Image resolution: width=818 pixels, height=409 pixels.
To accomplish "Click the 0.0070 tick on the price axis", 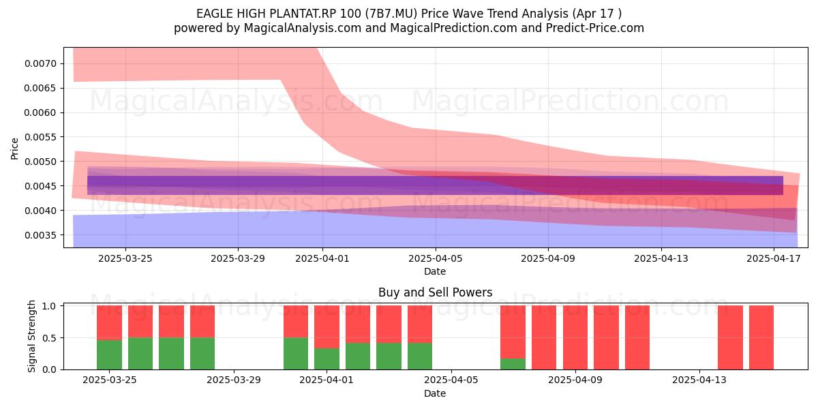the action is pyautogui.click(x=40, y=63).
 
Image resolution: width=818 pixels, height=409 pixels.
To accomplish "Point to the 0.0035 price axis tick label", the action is pyautogui.click(x=40, y=235).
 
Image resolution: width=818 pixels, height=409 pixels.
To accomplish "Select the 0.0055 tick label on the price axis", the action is pyautogui.click(x=40, y=137).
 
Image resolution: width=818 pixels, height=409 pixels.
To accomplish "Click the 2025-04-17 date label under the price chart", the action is pyautogui.click(x=774, y=258).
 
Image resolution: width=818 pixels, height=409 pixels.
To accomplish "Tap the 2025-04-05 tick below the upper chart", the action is pyautogui.click(x=436, y=258).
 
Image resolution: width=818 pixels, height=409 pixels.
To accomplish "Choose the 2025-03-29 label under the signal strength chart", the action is pyautogui.click(x=234, y=380).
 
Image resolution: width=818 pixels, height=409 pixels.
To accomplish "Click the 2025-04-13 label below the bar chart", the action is pyautogui.click(x=699, y=380).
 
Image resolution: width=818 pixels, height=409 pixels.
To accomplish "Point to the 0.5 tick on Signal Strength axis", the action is pyautogui.click(x=50, y=338).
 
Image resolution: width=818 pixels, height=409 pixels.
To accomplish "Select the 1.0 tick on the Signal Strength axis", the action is pyautogui.click(x=50, y=306).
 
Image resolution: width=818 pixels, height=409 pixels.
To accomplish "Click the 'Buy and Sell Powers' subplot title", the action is pyautogui.click(x=436, y=292).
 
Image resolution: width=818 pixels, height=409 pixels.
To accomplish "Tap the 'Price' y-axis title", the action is pyautogui.click(x=14, y=149).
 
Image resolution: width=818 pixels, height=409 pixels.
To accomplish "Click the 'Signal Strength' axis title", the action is pyautogui.click(x=32, y=336).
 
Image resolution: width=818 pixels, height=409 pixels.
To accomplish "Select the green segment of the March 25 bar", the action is pyautogui.click(x=109, y=354).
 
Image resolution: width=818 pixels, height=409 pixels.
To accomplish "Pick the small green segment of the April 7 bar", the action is pyautogui.click(x=513, y=364).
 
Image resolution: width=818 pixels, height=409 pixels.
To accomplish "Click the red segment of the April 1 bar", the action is pyautogui.click(x=327, y=327).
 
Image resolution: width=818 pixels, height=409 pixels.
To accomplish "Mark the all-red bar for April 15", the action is pyautogui.click(x=761, y=337).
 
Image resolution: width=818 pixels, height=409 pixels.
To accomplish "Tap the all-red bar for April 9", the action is pyautogui.click(x=575, y=337).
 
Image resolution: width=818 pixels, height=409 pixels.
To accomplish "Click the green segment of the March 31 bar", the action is pyautogui.click(x=296, y=354).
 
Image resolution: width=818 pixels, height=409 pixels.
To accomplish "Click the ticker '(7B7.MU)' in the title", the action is pyautogui.click(x=391, y=14).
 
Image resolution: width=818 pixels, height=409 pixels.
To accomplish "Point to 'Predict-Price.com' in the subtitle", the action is pyautogui.click(x=595, y=28).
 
